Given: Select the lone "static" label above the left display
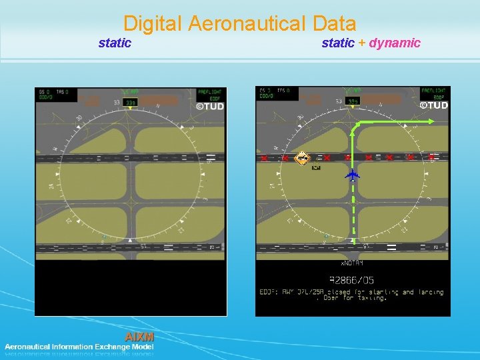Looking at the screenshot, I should click(115, 43).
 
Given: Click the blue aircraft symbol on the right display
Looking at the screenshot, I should click(353, 175).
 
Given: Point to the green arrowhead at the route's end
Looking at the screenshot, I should click(431, 121).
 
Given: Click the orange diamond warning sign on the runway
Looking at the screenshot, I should click(303, 158).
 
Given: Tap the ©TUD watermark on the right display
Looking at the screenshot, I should click(433, 105).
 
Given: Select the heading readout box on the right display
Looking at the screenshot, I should click(353, 101).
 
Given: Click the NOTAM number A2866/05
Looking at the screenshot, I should click(352, 281).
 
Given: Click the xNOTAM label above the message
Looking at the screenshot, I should click(353, 264).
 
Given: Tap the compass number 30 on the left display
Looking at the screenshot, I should click(79, 119).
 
